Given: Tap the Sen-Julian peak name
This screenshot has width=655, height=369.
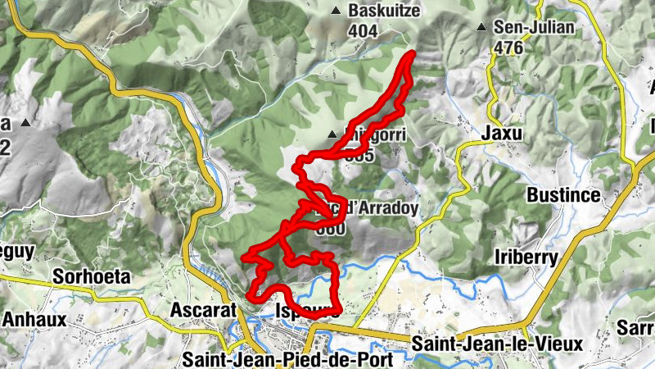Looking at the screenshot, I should (x=535, y=27).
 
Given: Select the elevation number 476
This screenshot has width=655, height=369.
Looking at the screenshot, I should (x=508, y=48).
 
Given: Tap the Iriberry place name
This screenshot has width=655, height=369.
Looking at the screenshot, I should (x=527, y=257).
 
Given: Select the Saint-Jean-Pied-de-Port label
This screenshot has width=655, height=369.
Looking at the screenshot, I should (x=288, y=359).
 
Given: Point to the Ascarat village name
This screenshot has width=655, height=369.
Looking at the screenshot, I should (x=203, y=310).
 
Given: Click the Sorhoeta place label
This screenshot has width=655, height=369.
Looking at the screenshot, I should (x=92, y=276).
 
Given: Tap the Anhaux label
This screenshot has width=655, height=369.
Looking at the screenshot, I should (x=29, y=318).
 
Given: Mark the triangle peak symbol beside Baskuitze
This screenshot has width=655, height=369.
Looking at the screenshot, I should (x=336, y=11).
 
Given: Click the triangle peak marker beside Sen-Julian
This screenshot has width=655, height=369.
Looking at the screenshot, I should (x=481, y=28).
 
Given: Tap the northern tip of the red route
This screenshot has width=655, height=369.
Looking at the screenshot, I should (x=412, y=54).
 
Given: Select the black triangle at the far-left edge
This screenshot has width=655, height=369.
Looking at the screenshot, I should (x=25, y=124).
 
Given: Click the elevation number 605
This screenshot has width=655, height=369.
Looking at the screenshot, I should (x=360, y=154).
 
